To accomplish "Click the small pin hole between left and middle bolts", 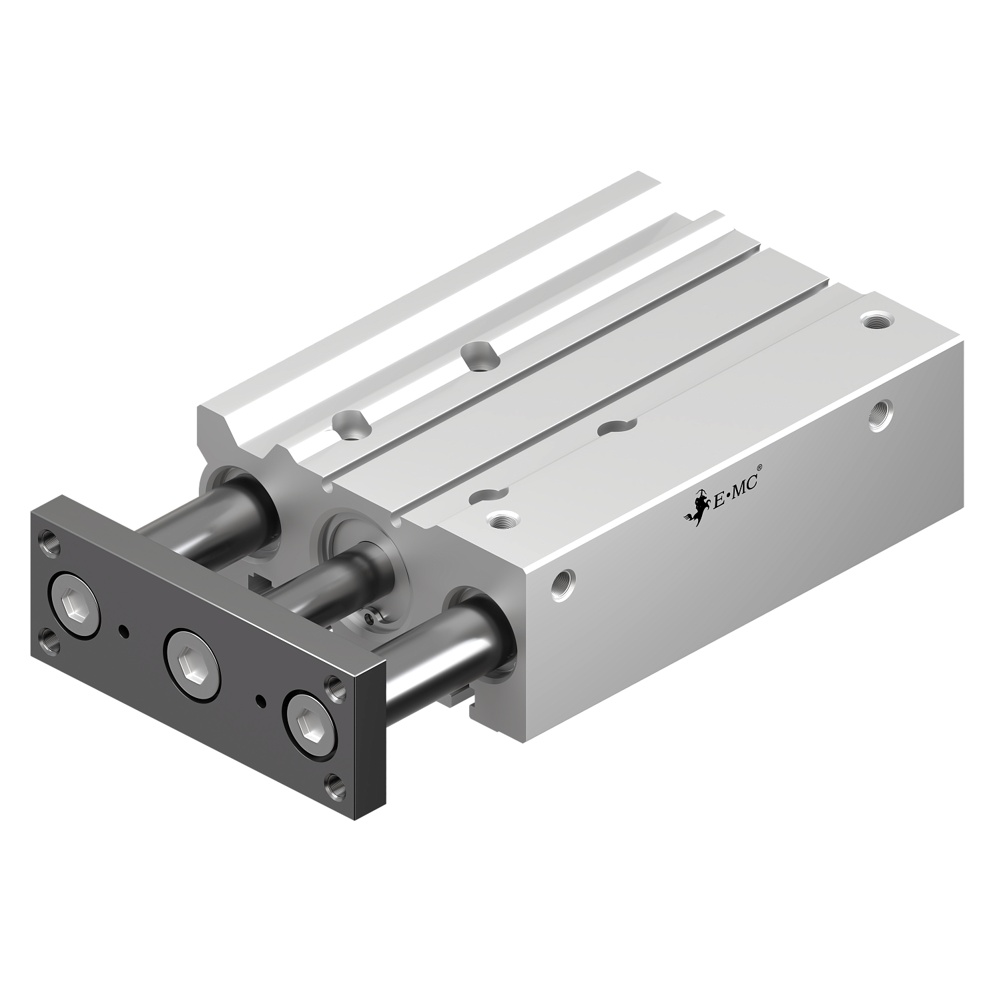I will click(123, 629).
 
